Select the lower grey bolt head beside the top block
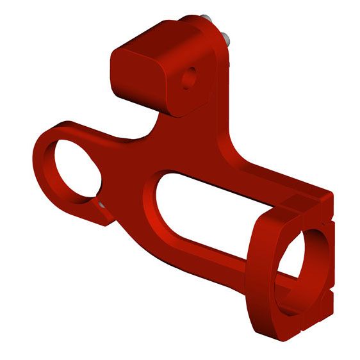coord(226,38)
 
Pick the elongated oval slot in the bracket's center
coord(211,211)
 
